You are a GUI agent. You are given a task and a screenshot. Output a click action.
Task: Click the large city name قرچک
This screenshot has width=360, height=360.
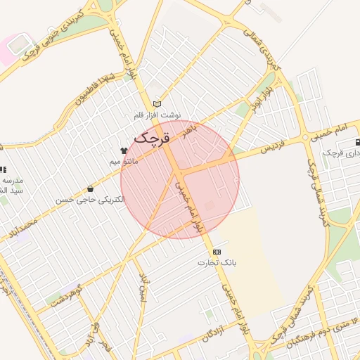[x=152, y=139]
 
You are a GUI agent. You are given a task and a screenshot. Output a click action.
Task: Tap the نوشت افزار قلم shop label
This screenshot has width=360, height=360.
[x=157, y=115]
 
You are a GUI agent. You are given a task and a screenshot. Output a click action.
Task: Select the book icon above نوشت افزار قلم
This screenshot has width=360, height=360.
[x=157, y=104]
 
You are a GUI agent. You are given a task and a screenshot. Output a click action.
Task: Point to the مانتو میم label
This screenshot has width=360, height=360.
[x=124, y=162]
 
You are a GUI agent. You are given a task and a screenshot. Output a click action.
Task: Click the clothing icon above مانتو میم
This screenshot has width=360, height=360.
[x=124, y=150]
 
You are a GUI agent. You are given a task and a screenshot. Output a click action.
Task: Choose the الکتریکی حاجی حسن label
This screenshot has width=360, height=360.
[x=91, y=200]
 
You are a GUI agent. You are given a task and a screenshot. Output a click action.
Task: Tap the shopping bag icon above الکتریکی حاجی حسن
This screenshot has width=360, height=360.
[x=90, y=188]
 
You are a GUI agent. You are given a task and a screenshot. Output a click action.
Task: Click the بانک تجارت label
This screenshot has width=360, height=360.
[x=217, y=263]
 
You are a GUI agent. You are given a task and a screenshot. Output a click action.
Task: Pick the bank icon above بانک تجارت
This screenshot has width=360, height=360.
[x=217, y=252]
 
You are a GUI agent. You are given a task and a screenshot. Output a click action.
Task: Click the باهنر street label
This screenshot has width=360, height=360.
[x=191, y=131]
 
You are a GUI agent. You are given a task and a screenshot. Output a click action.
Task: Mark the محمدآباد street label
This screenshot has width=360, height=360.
[x=18, y=228]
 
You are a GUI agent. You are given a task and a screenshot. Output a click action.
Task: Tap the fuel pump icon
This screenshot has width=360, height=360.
[x=359, y=141]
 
